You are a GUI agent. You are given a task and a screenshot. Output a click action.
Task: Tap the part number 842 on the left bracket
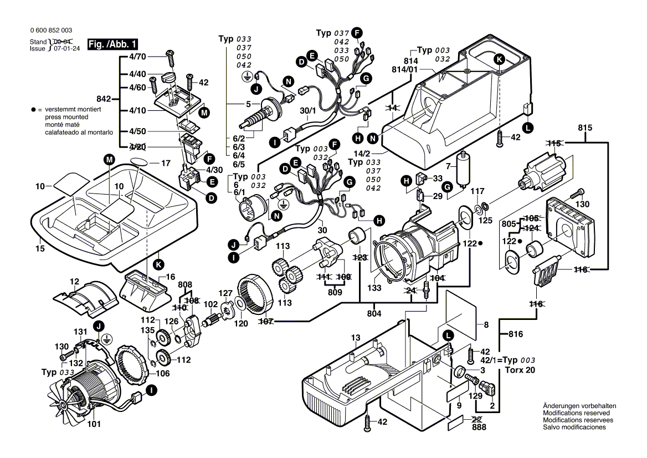tap(104, 99)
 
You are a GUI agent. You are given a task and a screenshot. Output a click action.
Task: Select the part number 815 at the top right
tap(585, 128)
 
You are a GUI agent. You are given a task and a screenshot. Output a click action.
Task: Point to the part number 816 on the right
tap(517, 334)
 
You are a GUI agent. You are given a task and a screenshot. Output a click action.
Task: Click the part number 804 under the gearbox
tap(375, 314)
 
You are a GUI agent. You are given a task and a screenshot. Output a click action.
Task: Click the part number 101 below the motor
tap(94, 425)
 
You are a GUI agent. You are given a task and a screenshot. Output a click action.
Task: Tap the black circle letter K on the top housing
tap(499, 59)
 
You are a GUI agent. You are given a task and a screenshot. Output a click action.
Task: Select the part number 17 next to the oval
tap(165, 164)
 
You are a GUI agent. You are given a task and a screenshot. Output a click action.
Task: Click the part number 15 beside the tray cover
tap(40, 249)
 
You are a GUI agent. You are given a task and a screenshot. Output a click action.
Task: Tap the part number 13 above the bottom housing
tap(355, 338)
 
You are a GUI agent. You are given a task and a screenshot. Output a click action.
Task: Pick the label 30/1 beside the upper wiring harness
tap(308, 111)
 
